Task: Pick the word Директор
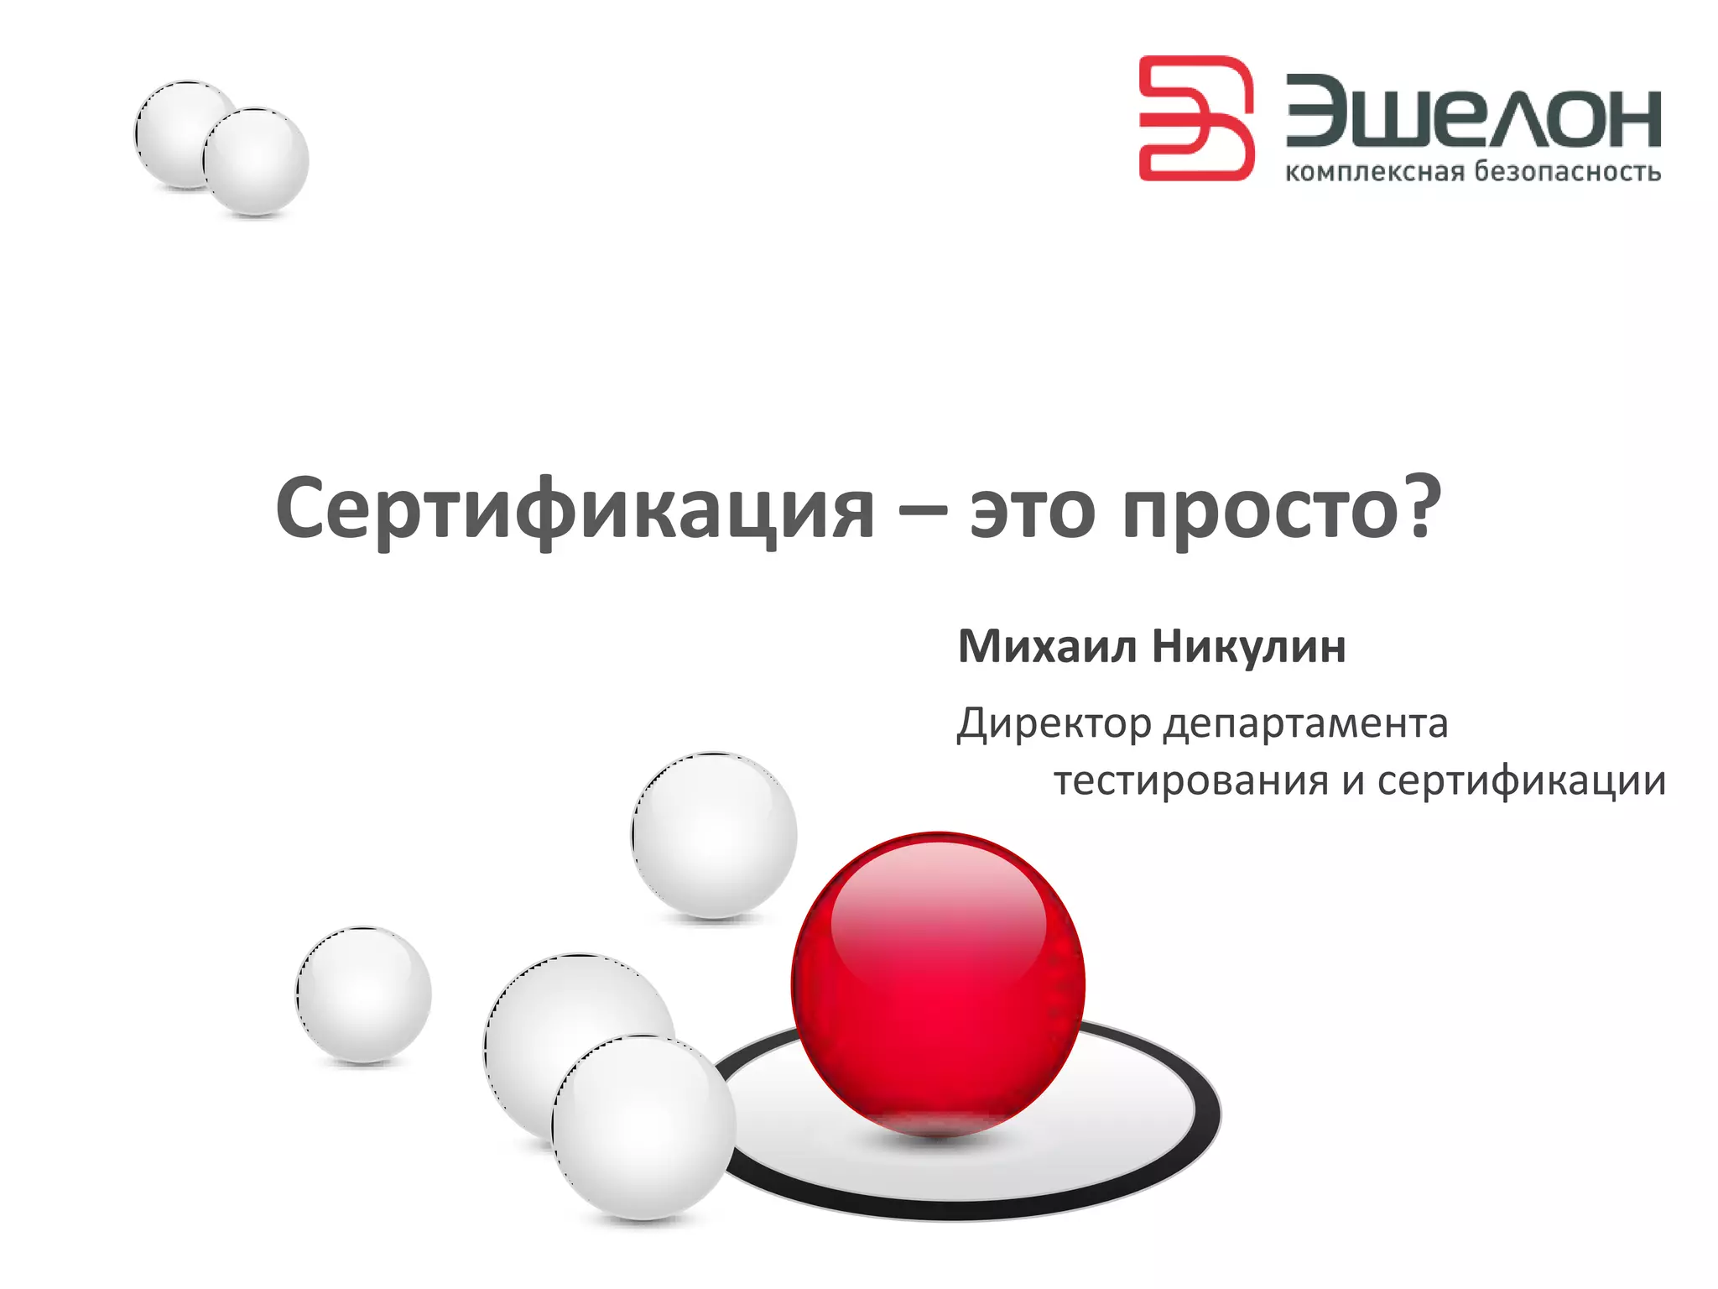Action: [1054, 723]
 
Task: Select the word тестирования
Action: [1191, 781]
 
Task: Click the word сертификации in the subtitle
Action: [1521, 781]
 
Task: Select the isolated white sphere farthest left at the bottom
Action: [363, 994]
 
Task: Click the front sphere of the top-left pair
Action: [256, 160]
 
